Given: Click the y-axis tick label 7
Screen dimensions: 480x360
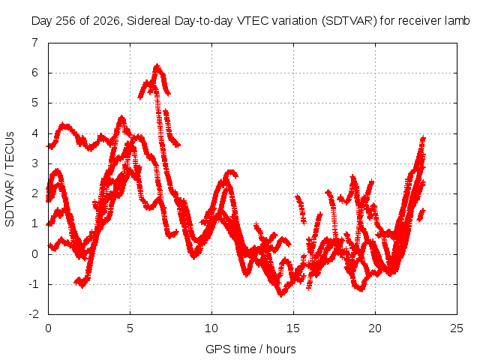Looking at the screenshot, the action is click(x=35, y=43).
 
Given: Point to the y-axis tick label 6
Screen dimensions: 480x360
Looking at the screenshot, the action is click(x=35, y=73).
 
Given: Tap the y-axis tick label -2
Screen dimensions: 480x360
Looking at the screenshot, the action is click(x=34, y=314).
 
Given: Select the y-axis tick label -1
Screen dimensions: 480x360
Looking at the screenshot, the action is click(x=34, y=284).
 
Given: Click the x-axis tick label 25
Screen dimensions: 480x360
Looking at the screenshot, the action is click(x=457, y=328).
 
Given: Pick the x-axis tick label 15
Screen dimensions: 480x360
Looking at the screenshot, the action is click(x=293, y=328).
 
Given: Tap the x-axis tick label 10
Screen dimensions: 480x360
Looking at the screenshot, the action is click(x=211, y=328).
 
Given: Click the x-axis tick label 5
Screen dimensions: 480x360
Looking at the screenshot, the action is click(x=130, y=328).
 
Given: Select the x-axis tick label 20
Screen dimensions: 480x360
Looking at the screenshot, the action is click(x=375, y=328).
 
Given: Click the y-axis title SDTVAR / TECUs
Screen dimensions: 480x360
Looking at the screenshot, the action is click(x=10, y=179).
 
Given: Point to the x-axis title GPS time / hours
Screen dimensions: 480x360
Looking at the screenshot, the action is click(x=250, y=349).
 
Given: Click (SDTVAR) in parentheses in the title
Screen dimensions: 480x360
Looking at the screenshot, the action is click(x=349, y=21).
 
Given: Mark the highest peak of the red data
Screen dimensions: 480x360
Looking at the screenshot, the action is click(x=157, y=65).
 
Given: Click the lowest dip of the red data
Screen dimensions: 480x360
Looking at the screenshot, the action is click(x=281, y=295).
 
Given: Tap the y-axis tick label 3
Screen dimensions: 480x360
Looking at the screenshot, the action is click(x=35, y=163).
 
